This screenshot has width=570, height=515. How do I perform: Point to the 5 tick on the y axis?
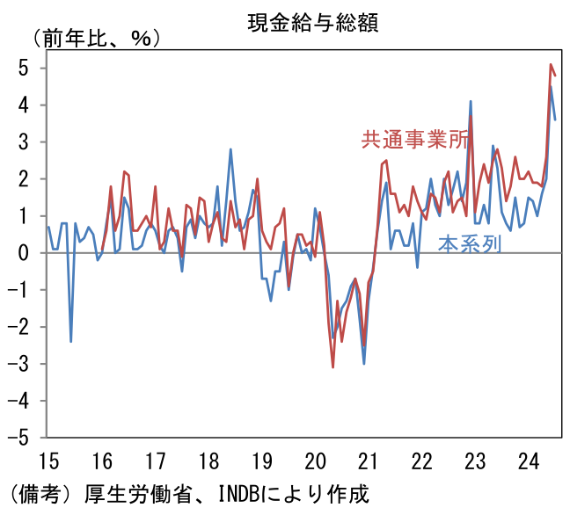24,68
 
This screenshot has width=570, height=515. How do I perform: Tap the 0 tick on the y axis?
24,252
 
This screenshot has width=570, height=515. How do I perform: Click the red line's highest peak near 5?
551,65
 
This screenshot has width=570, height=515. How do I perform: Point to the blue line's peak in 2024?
551,86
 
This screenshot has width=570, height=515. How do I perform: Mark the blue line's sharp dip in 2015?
70,340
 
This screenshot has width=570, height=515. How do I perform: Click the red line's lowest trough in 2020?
332,366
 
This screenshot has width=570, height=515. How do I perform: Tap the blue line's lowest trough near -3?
364,363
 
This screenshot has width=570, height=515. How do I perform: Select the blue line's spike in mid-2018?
230,149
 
